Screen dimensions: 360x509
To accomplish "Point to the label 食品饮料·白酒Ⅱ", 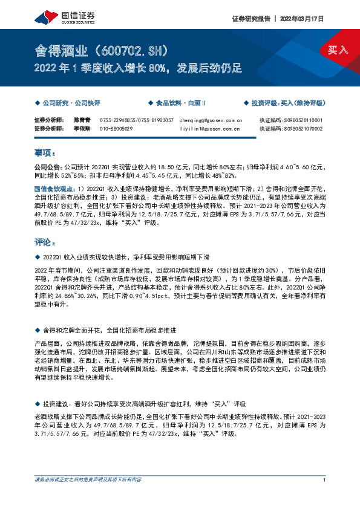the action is click(x=180, y=103).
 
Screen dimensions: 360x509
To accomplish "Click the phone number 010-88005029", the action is click(x=116, y=128).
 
